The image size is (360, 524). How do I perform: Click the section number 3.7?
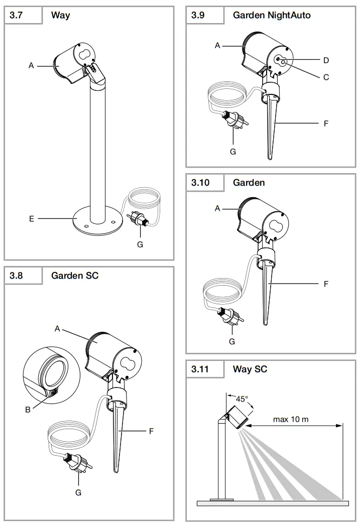coord(16,15)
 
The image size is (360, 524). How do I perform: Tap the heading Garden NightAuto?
coord(271,15)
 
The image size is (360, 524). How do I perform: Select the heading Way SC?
coord(250,369)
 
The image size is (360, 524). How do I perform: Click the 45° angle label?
coord(242,399)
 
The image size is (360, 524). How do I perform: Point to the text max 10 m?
coord(291,419)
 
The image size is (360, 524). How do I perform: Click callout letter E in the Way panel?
coord(32,219)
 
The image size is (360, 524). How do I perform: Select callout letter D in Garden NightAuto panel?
coord(326,60)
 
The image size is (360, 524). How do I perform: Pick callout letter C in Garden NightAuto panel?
coord(326,77)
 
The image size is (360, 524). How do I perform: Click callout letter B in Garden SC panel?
coord(28,410)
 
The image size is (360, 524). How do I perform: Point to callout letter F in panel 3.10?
coord(326,284)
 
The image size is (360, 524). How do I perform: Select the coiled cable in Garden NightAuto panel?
coord(228,95)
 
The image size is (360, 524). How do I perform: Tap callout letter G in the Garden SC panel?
coord(78,492)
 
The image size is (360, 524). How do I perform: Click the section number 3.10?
coord(200,183)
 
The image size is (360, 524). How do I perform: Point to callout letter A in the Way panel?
coord(31,65)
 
